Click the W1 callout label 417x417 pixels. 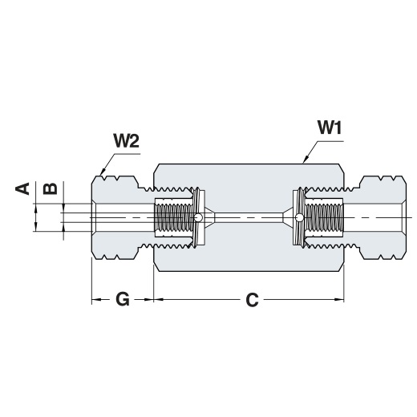click(x=330, y=128)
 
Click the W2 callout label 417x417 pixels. click(x=127, y=140)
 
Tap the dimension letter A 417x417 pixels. click(x=22, y=188)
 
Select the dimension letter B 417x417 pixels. click(x=51, y=188)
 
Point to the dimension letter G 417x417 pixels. click(x=123, y=299)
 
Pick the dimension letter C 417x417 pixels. click(x=252, y=300)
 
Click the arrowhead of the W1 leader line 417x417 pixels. click(x=306, y=160)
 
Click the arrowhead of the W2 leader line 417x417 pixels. click(x=103, y=172)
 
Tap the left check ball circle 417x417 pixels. click(x=198, y=218)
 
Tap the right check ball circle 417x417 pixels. click(x=299, y=218)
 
